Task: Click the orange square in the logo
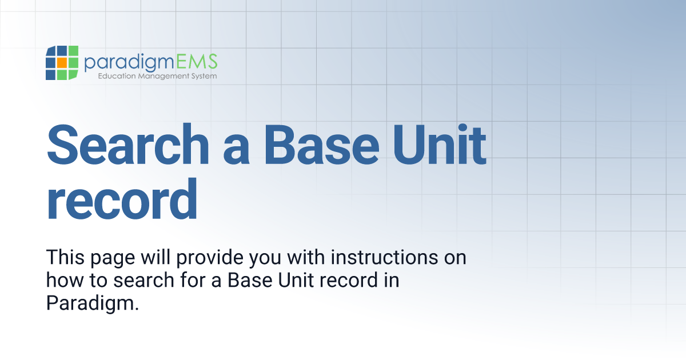point(62,62)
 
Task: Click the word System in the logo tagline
point(203,76)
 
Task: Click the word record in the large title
point(122,199)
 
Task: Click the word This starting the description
point(62,257)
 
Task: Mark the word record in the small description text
point(343,280)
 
